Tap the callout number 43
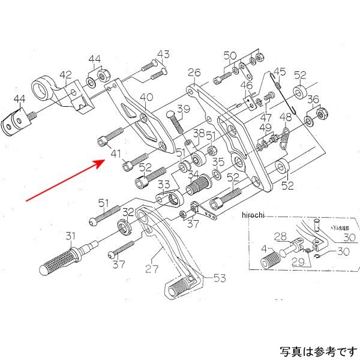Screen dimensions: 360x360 click(164, 55)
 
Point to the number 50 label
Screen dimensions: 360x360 click(230, 56)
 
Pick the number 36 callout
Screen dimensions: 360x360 click(313, 100)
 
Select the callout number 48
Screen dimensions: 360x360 click(286, 117)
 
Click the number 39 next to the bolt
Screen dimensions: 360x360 click(182, 109)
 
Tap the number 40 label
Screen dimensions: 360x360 click(146, 97)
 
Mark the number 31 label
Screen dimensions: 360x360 click(71, 235)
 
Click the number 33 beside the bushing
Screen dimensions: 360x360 click(163, 184)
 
